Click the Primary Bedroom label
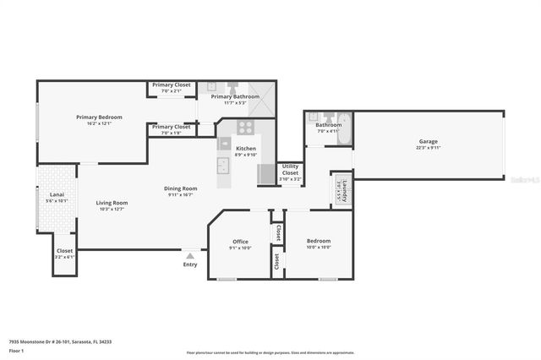[x=93, y=117]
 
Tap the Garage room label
[x=428, y=141]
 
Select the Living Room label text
[x=112, y=202]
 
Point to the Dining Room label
[x=180, y=188]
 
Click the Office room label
[x=240, y=242]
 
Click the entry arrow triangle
[x=190, y=254]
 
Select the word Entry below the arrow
[x=190, y=265]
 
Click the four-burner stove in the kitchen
[x=245, y=128]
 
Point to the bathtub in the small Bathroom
[x=344, y=130]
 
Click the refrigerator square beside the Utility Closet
[x=266, y=173]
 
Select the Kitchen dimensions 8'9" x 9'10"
[x=245, y=155]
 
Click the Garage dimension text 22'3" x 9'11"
[x=428, y=148]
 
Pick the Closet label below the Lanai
[x=64, y=250]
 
